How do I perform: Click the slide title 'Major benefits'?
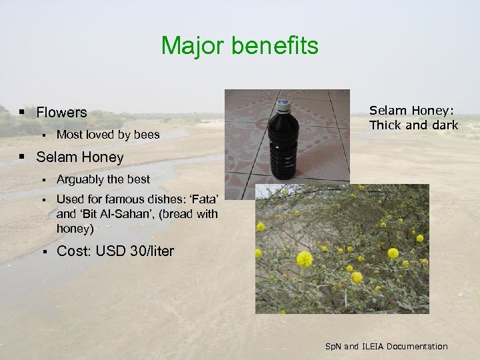pos(239,46)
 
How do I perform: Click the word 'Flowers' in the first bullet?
pos(61,112)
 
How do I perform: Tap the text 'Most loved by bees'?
pos(108,135)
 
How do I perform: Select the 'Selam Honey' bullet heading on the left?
pos(79,157)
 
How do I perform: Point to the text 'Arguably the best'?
pos(103,179)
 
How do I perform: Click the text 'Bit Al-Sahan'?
pos(109,214)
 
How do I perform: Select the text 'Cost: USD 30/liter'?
pos(115,251)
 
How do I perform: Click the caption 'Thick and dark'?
pos(413,125)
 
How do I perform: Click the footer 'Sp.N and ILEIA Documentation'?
pos(386,346)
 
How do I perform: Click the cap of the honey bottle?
pos(283,105)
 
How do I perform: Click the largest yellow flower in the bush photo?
pos(305,259)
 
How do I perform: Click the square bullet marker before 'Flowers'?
pos(23,112)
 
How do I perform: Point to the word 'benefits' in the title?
pos(277,46)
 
